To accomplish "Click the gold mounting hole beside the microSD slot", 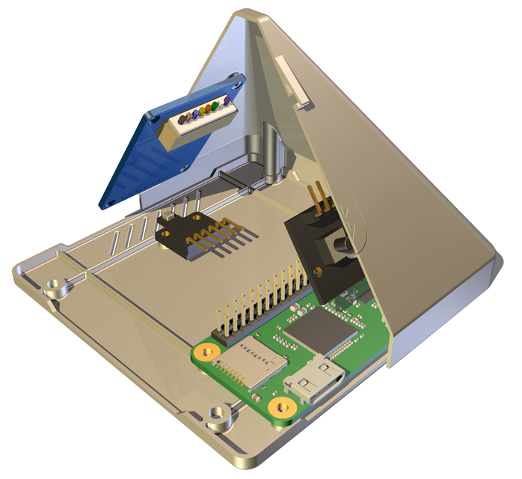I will click(x=203, y=350).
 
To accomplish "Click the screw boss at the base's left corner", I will click(x=54, y=286).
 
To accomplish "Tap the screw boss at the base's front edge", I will click(x=218, y=412).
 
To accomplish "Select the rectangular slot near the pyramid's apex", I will click(x=292, y=77).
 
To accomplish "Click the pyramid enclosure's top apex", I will click(x=247, y=13).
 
